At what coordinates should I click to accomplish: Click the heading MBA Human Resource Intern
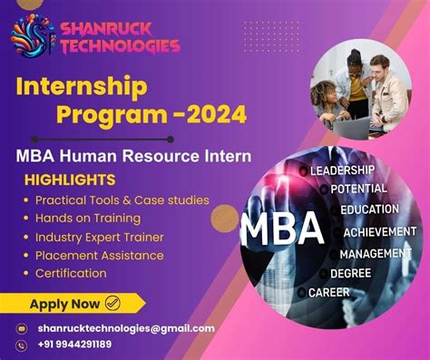(132, 156)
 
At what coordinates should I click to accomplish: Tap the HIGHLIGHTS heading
(70, 180)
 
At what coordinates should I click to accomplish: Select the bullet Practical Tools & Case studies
(122, 199)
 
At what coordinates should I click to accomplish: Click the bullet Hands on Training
(88, 218)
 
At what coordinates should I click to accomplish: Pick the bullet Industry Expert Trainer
(99, 237)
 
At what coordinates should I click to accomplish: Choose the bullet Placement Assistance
(99, 255)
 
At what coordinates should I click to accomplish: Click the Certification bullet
(71, 273)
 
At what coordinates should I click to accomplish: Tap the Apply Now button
(74, 303)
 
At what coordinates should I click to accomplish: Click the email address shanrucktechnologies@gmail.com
(126, 328)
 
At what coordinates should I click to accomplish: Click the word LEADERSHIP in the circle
(342, 170)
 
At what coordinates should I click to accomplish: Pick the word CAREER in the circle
(328, 292)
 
